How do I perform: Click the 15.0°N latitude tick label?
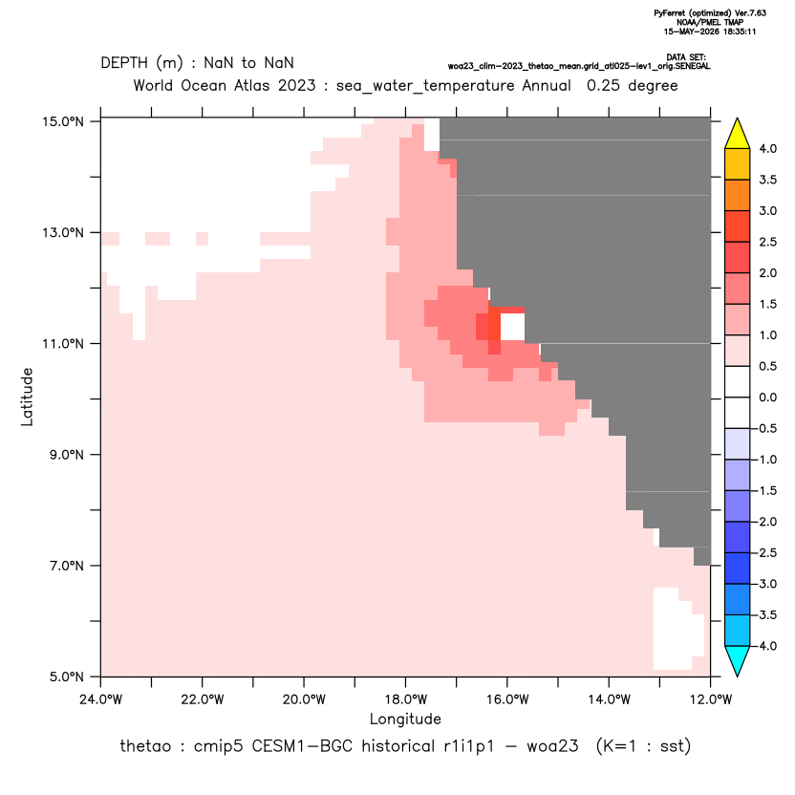[63, 121]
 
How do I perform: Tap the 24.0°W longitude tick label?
[101, 699]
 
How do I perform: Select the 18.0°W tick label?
[405, 699]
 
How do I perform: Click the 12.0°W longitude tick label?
[711, 699]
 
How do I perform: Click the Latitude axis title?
[27, 397]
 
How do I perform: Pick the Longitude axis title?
[405, 719]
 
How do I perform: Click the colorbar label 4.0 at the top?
[767, 148]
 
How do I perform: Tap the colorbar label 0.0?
[767, 397]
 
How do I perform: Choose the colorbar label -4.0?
[764, 646]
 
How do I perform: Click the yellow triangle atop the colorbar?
[738, 134]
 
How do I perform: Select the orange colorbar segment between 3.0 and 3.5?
[738, 195]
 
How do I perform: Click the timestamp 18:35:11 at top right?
[738, 32]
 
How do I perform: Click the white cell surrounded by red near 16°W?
[512, 327]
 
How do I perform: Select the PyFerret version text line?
[710, 13]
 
